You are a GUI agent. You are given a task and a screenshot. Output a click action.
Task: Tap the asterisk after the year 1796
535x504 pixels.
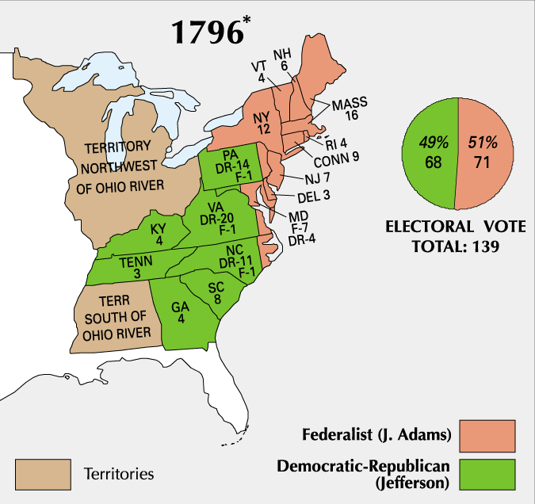(x=249, y=18)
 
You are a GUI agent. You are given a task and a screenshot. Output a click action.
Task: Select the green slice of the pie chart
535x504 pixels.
(x=430, y=151)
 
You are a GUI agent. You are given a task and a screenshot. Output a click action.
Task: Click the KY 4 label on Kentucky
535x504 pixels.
(x=158, y=235)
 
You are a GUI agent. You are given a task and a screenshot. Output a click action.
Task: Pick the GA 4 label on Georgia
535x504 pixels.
(x=182, y=314)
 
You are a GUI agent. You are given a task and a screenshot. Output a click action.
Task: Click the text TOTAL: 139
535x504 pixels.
(x=455, y=246)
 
